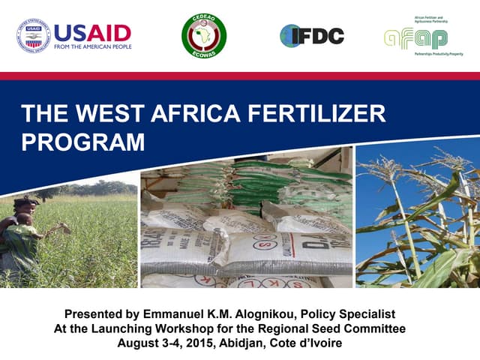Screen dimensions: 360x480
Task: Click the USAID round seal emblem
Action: pyautogui.click(x=32, y=35)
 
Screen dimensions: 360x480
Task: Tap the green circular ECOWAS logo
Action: pyautogui.click(x=204, y=34)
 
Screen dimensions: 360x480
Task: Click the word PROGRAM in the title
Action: pyautogui.click(x=82, y=141)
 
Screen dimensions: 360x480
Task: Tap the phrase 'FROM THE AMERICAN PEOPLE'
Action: pyautogui.click(x=93, y=46)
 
